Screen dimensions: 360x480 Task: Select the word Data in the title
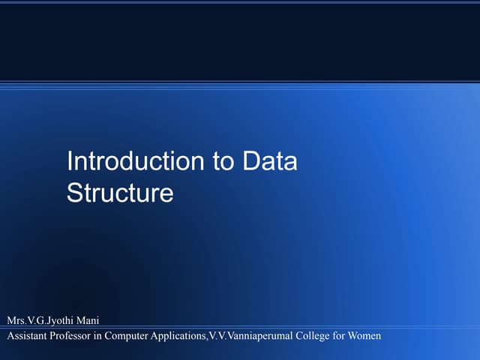coord(270,162)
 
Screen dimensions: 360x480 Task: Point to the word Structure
coord(120,193)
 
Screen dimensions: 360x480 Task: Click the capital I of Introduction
coord(70,162)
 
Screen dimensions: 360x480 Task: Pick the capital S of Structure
coord(74,193)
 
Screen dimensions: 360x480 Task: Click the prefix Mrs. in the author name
coord(17,320)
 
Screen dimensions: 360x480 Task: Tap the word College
coord(313,335)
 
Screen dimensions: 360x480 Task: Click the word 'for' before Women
coord(340,335)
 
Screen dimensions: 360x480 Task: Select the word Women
coord(365,335)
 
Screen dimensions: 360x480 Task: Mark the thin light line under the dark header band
coord(240,82)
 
